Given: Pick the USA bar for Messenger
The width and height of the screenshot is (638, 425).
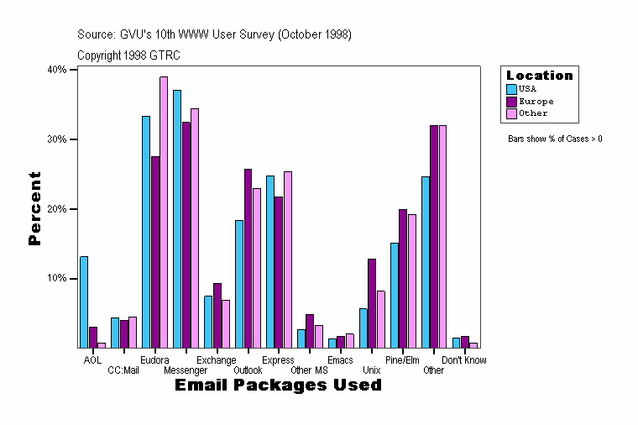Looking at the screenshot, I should (177, 218).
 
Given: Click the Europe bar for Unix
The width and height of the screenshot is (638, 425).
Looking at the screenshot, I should (372, 303).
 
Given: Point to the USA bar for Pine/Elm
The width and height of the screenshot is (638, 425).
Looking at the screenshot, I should (395, 295).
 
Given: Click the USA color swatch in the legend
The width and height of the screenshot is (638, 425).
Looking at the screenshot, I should (511, 89).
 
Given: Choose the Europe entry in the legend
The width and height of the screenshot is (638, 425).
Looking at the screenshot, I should (536, 102).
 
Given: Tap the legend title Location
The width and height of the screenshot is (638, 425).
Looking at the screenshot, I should (539, 76).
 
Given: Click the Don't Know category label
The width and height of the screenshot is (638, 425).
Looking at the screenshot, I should (464, 360).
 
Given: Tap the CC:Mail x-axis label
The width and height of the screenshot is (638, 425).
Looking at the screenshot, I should (123, 370).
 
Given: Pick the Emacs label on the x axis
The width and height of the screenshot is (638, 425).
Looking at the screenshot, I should (340, 360).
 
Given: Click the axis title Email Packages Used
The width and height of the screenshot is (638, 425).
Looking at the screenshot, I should (278, 386).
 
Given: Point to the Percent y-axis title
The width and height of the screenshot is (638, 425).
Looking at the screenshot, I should (34, 208).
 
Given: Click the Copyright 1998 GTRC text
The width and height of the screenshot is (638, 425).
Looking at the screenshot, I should (128, 55).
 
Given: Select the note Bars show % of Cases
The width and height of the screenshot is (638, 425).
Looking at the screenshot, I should (555, 139).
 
